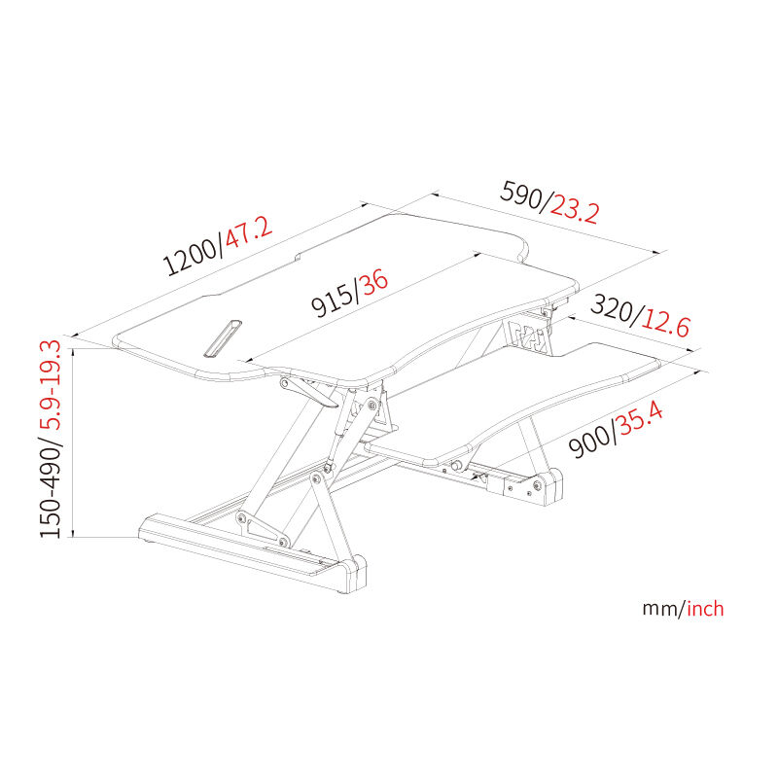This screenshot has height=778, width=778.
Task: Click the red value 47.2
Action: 249,232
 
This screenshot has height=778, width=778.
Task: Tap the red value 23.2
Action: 575,212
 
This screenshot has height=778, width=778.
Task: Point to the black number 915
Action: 333,301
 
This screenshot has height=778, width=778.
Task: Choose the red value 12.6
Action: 666,325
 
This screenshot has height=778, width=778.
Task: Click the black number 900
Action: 590,441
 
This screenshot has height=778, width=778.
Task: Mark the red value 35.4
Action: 641,420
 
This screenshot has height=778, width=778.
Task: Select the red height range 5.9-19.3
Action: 51,385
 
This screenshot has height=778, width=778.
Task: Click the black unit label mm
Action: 661,609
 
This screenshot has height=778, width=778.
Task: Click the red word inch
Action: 705,609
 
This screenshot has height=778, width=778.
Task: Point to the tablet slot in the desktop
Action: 223,337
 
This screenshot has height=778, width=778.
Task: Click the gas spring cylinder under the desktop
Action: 341,427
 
